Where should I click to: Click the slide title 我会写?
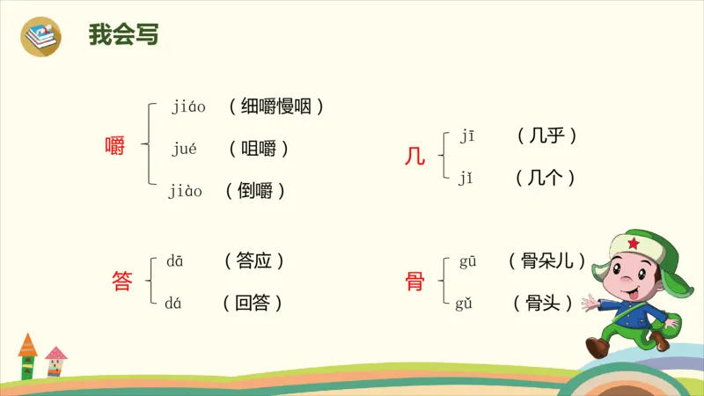(123, 35)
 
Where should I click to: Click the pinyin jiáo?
(188, 107)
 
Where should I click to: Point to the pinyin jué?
(184, 148)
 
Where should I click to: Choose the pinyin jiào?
(186, 190)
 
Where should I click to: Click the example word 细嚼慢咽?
(276, 107)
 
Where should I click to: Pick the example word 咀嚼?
(259, 149)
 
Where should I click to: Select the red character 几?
(414, 158)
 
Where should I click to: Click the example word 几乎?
(546, 136)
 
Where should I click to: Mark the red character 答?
(121, 282)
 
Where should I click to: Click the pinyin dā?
(175, 261)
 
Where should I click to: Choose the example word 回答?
(253, 304)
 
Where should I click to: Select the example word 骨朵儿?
(547, 261)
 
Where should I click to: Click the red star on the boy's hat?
(631, 243)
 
